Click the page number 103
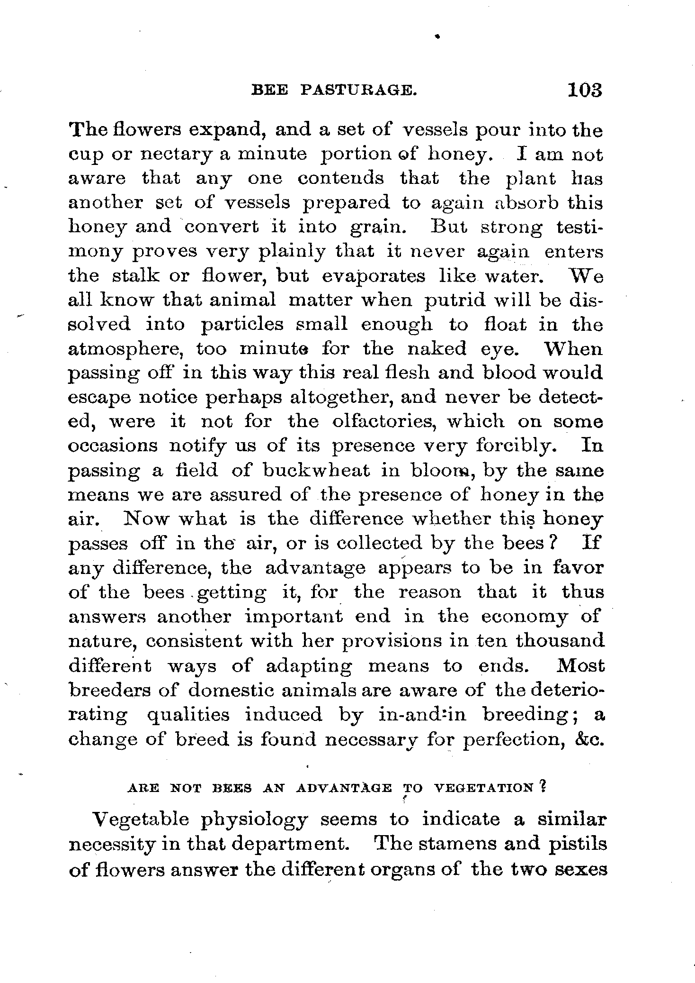click(585, 90)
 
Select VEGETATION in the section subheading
click(484, 788)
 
